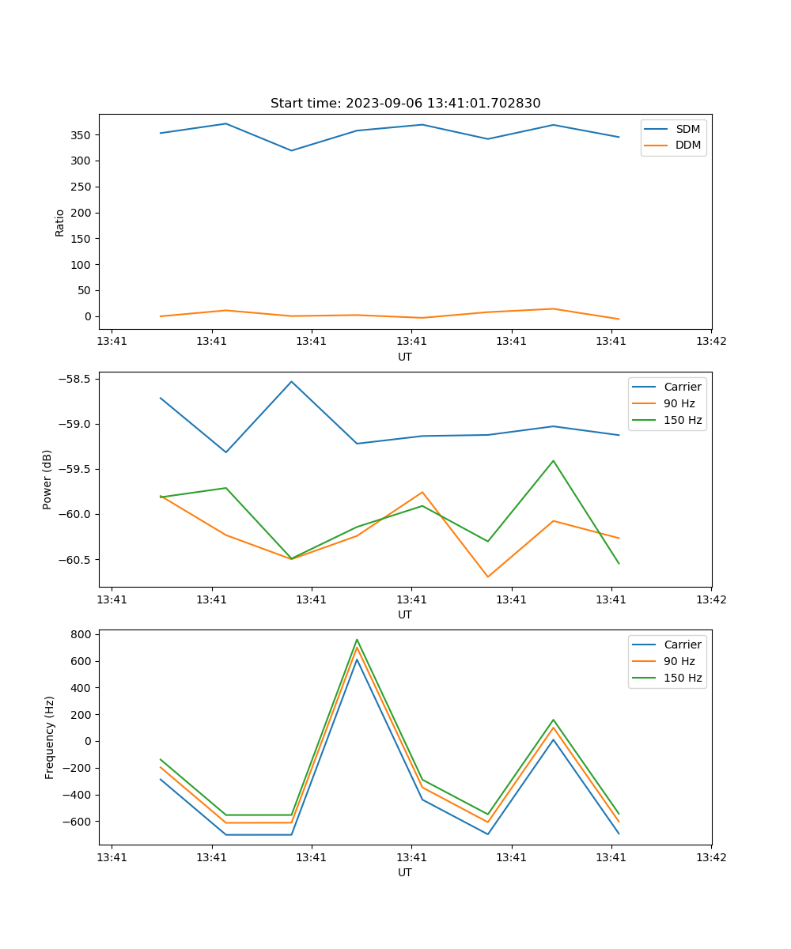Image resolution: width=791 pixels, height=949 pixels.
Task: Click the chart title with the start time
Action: [405, 104]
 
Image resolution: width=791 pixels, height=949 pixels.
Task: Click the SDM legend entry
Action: [687, 129]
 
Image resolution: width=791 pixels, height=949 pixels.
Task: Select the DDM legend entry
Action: [687, 145]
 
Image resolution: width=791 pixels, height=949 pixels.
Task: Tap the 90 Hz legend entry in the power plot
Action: [679, 403]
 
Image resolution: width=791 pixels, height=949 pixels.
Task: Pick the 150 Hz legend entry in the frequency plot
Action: [683, 678]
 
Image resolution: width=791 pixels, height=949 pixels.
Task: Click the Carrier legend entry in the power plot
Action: [682, 387]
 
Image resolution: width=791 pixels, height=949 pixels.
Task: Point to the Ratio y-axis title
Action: [60, 222]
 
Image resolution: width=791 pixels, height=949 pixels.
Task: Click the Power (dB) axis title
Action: [47, 479]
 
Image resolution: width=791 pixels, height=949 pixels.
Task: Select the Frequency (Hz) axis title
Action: [50, 737]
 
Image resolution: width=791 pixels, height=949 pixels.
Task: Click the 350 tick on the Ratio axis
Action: [83, 135]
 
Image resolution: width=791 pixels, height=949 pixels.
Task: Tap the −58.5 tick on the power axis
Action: [75, 379]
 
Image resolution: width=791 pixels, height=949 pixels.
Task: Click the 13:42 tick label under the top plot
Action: [711, 342]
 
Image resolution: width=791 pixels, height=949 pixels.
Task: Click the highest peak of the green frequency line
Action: [357, 640]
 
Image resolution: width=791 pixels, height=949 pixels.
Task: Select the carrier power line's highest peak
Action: [291, 382]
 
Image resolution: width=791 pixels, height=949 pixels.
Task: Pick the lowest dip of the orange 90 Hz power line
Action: [487, 577]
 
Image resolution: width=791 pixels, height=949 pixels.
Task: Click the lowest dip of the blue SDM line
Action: [291, 150]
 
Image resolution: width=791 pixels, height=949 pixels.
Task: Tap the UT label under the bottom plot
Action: [405, 872]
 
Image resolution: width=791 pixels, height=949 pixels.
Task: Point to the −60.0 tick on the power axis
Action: [75, 514]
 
